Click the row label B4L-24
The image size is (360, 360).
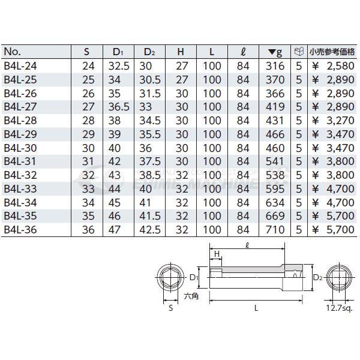19,64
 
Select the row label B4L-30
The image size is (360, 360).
19,147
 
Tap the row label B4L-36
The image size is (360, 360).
19,229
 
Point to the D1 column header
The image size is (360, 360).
118,51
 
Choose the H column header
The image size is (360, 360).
180,51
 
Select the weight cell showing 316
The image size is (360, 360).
275,64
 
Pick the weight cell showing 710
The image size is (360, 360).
275,229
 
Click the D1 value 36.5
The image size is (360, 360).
118,106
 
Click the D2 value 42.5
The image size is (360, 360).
148,229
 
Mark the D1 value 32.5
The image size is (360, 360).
118,64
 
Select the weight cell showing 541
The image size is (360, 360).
275,161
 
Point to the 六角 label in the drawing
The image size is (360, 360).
190,295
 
